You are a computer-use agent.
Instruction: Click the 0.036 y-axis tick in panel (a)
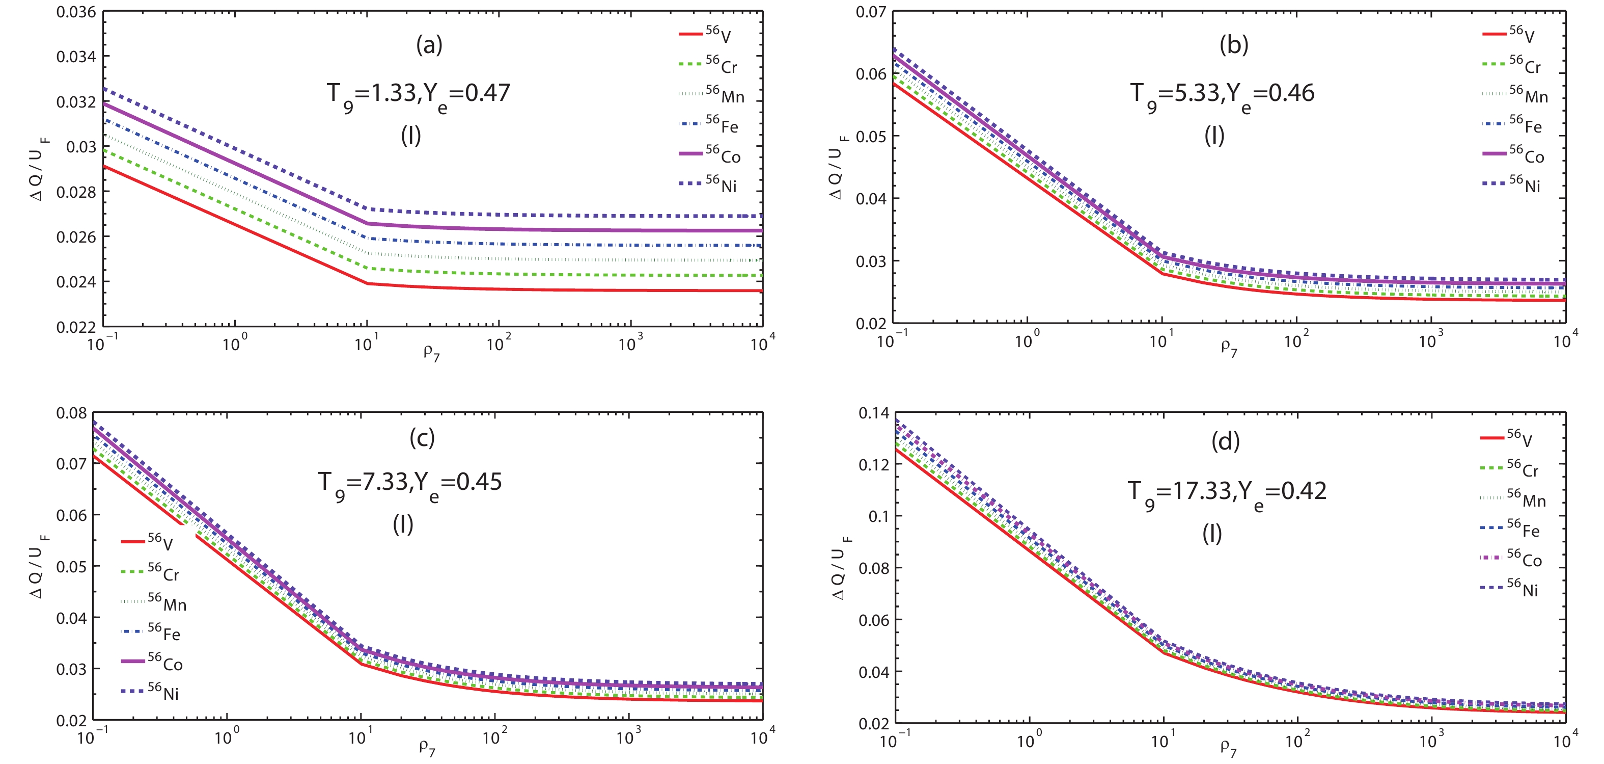(76, 12)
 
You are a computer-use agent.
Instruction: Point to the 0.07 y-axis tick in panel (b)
(871, 12)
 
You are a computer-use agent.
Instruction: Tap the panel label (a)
(429, 45)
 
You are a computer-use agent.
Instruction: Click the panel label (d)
(1225, 441)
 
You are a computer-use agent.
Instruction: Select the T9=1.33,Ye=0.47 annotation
(419, 95)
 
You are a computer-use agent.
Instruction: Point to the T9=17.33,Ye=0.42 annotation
(1227, 493)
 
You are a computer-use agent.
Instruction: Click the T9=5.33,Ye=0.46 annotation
(1222, 95)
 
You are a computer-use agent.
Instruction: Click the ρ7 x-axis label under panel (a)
(431, 352)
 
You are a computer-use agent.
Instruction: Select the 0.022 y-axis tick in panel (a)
(76, 327)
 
